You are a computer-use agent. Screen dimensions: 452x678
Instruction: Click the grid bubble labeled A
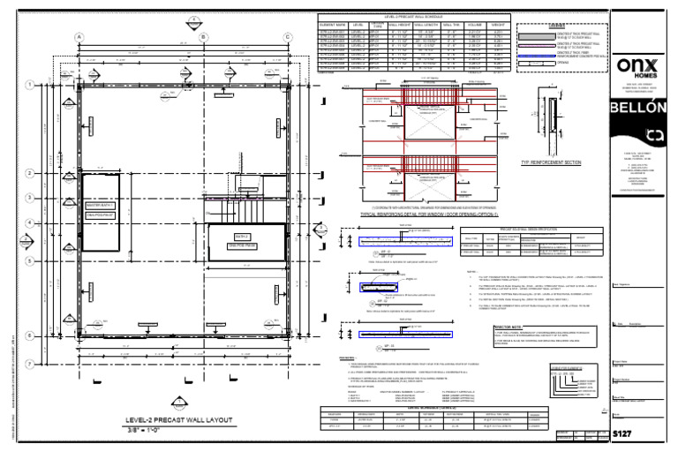pyautogui.click(x=80, y=36)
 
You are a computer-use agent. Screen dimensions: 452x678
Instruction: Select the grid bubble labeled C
pyautogui.click(x=288, y=36)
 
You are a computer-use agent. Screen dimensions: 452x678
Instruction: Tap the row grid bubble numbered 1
pyautogui.click(x=30, y=85)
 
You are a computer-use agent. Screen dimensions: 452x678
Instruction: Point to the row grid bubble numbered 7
pyautogui.click(x=30, y=364)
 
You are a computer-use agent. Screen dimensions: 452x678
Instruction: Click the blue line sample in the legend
pyautogui.click(x=534, y=56)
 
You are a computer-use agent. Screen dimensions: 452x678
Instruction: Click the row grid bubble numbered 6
pyautogui.click(x=30, y=336)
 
